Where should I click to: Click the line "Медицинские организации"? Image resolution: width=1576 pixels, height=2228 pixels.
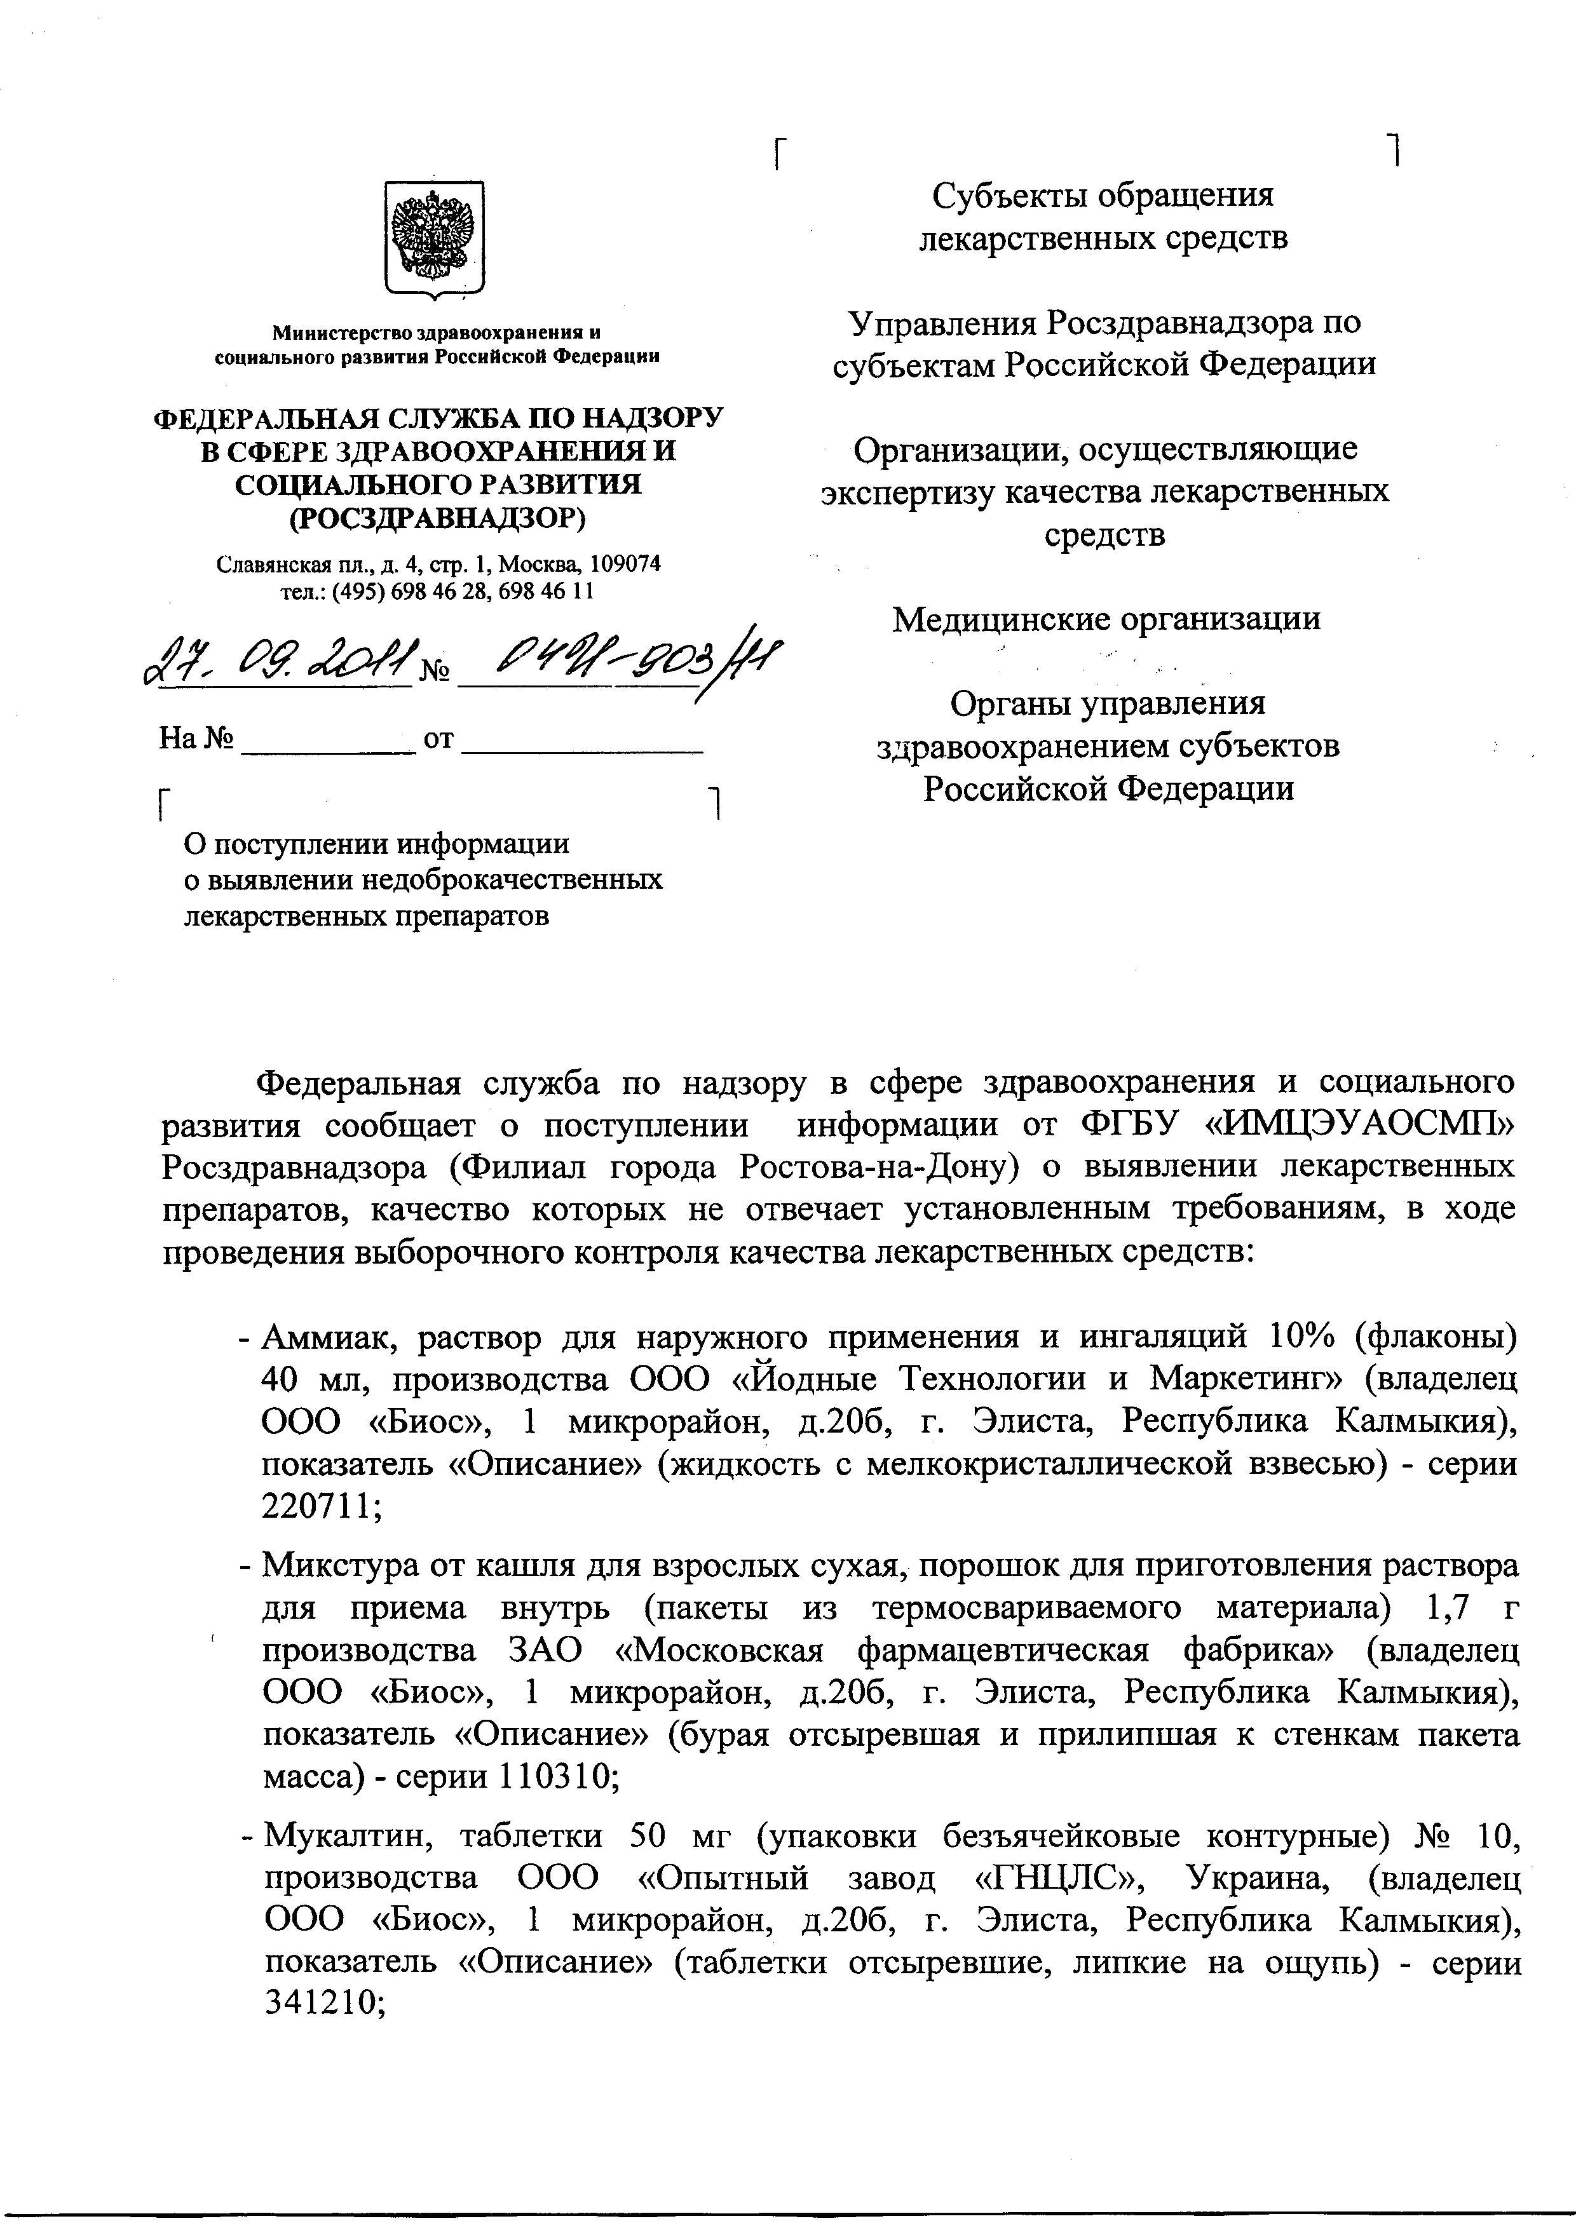click(1106, 618)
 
